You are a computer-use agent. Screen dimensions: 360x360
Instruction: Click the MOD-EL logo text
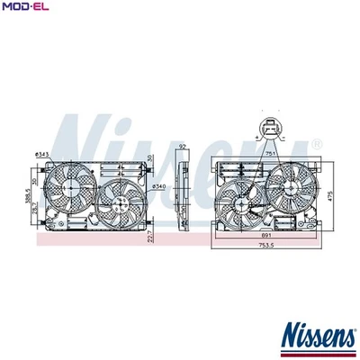(x=24, y=8)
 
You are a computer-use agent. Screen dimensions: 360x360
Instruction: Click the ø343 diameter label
(x=42, y=155)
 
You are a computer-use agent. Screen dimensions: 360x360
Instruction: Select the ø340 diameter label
(x=159, y=186)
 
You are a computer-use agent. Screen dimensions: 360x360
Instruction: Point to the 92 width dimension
(x=183, y=148)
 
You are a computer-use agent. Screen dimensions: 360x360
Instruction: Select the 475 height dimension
(x=330, y=196)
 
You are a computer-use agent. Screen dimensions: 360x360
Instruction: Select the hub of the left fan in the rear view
(x=241, y=202)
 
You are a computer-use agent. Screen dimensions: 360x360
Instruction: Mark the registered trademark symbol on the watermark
(x=316, y=144)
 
